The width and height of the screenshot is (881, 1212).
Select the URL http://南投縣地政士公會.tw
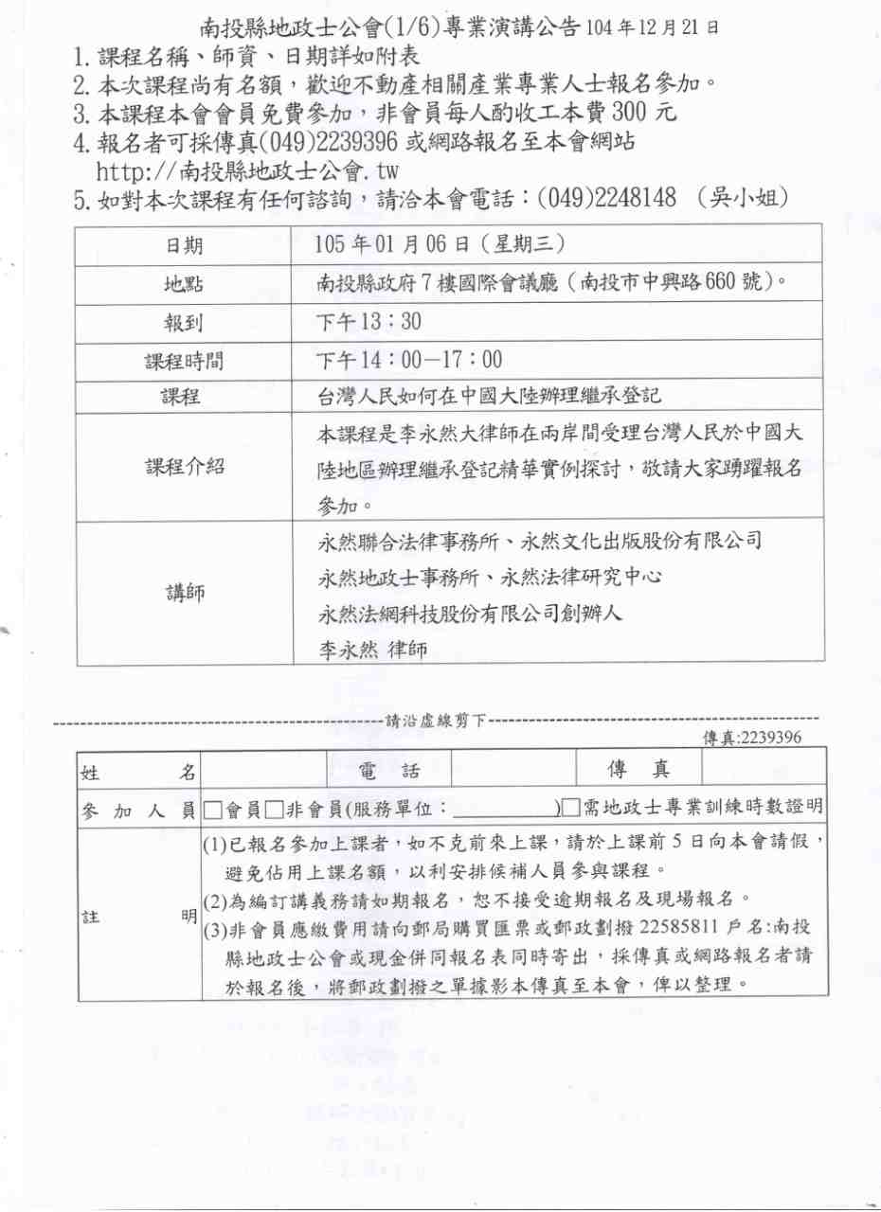click(247, 171)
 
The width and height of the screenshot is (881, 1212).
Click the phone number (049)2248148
click(606, 198)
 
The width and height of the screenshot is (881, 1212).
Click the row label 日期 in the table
click(185, 246)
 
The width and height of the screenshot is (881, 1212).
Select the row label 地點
click(185, 284)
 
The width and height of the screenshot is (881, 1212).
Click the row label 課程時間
click(185, 361)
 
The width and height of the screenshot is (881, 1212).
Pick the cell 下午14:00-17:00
click(409, 361)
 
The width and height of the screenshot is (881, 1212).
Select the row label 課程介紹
click(185, 466)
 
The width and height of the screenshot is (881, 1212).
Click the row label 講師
click(185, 593)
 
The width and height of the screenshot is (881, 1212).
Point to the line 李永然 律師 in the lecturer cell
click(374, 650)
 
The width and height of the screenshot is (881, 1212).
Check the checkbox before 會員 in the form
click(213, 809)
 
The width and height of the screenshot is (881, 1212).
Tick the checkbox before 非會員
click(275, 809)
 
